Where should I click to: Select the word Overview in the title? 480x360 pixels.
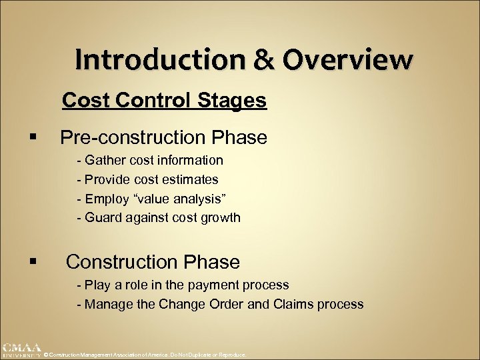(347, 59)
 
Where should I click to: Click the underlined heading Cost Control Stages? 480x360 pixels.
(164, 101)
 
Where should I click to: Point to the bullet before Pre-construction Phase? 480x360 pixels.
(33, 138)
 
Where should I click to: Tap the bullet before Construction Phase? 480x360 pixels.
(33, 262)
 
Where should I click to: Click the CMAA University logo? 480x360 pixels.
(21, 350)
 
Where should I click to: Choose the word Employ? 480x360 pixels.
(104, 199)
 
